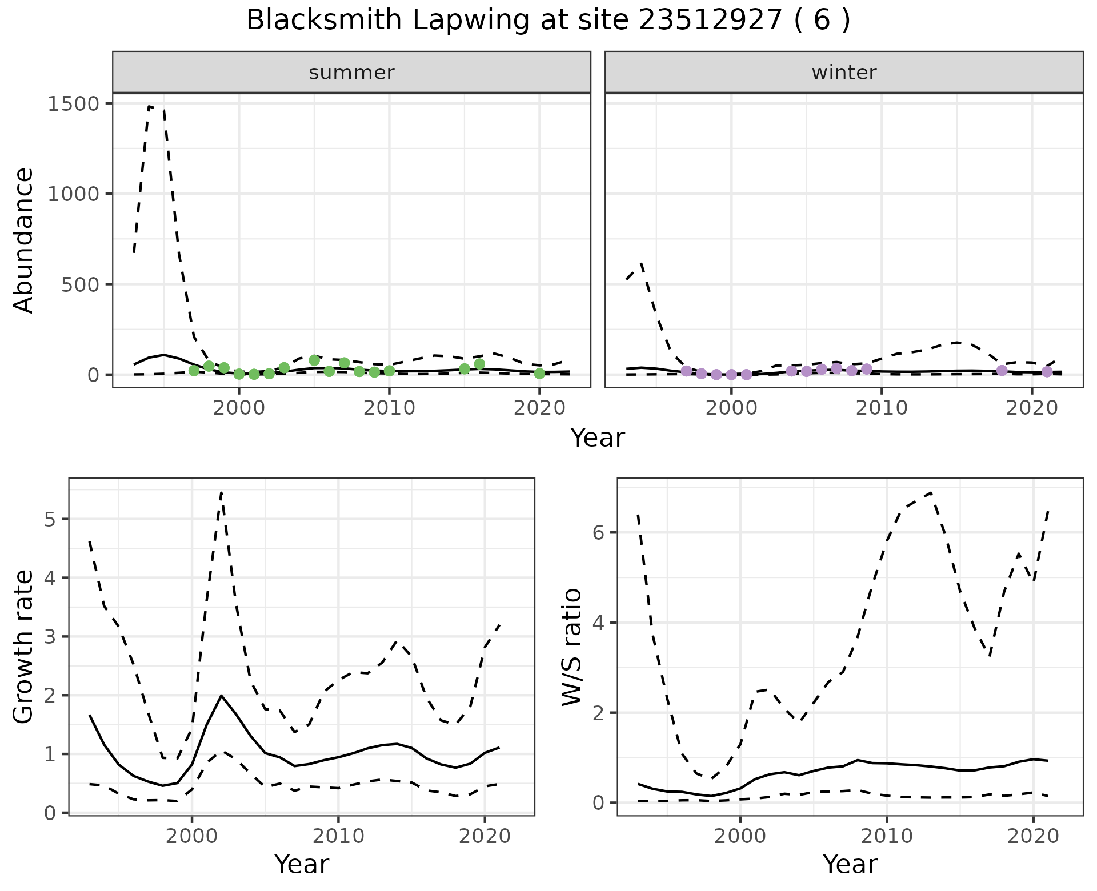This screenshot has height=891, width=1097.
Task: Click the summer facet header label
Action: (x=351, y=73)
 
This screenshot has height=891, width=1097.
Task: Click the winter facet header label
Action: (x=844, y=73)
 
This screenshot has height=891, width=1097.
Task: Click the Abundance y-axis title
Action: (x=24, y=240)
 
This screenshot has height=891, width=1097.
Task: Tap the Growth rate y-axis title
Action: (x=24, y=647)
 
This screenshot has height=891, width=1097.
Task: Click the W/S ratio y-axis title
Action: (x=572, y=647)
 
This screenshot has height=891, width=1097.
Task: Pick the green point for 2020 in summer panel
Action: (x=539, y=374)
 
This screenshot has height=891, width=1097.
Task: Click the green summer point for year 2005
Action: (x=314, y=360)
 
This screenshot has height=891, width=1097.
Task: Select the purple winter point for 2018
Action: (x=1002, y=371)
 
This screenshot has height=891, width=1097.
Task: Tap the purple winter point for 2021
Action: (x=1047, y=372)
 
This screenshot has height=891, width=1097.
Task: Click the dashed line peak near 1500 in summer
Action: (x=150, y=106)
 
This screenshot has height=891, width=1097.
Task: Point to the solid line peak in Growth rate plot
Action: (x=221, y=696)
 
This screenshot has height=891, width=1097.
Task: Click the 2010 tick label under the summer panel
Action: (x=389, y=408)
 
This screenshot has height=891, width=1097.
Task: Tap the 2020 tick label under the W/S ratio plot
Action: (x=1032, y=837)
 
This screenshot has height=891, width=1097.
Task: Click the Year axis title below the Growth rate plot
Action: (x=302, y=864)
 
